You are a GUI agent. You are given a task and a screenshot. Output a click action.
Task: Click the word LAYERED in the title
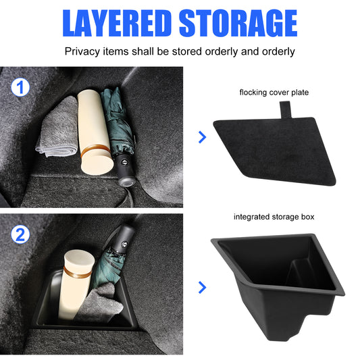(117, 23)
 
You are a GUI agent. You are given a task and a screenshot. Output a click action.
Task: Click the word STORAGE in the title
(238, 23)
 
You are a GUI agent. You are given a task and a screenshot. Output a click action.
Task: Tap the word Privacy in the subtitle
(82, 51)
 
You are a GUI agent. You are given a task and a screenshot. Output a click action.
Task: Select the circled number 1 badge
(20, 87)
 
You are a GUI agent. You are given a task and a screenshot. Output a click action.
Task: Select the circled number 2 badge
(20, 234)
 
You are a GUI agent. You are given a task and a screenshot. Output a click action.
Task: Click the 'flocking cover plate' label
(274, 93)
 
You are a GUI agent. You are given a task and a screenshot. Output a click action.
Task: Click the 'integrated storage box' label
(274, 217)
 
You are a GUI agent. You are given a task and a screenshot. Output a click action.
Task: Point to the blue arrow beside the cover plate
(202, 137)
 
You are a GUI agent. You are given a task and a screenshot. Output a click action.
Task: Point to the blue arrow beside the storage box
(202, 287)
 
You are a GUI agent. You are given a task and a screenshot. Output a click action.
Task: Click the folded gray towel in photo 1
(58, 128)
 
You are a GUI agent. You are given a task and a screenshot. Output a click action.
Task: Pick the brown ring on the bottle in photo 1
(95, 151)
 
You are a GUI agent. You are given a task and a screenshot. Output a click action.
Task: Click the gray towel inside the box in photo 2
(100, 303)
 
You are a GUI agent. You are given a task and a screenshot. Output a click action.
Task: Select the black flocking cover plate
(274, 151)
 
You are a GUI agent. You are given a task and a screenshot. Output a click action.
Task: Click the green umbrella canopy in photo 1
(117, 122)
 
